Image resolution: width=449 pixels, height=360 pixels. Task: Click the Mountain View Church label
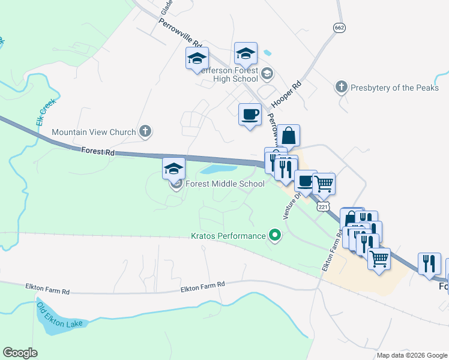click(94, 132)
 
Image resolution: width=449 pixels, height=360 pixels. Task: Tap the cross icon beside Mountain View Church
click(145, 131)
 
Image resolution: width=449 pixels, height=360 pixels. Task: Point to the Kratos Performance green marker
click(275, 235)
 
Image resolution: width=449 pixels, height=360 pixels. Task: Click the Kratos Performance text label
click(228, 236)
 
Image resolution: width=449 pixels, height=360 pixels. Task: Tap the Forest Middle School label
click(224, 184)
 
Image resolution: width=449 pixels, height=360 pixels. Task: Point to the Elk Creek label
click(46, 112)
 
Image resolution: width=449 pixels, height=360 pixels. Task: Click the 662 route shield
click(340, 28)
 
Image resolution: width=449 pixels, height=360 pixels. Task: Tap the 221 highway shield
click(324, 206)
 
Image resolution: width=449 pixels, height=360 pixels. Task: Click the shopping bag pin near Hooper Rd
click(288, 136)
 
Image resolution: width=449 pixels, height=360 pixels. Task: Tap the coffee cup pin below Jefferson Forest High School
click(250, 113)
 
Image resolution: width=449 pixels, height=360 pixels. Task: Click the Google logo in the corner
click(20, 353)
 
